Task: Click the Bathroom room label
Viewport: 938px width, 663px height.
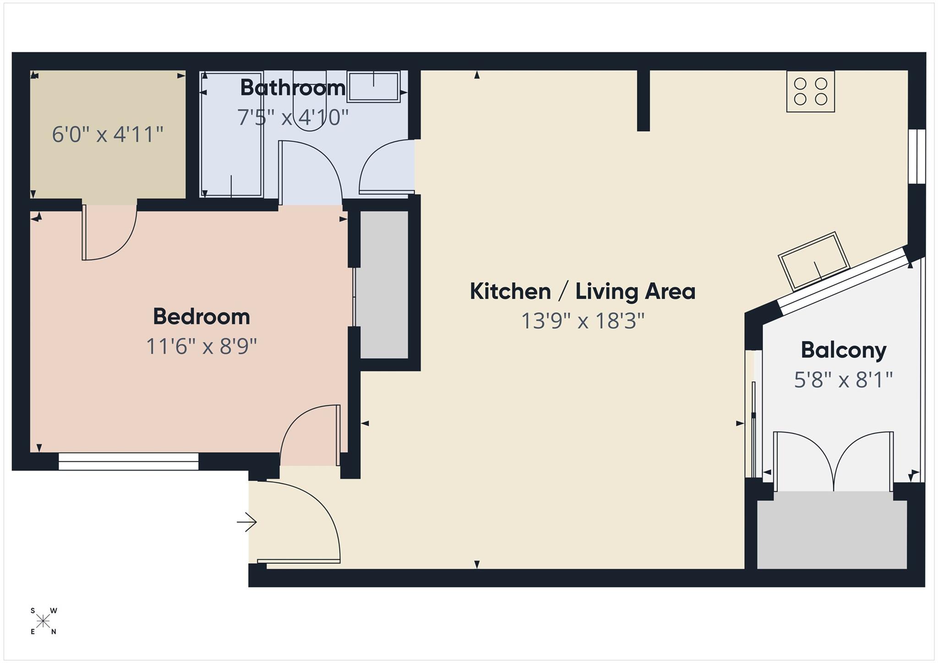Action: tap(293, 87)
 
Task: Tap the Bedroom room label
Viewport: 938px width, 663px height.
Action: tap(202, 316)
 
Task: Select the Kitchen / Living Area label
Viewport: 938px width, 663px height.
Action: tap(583, 291)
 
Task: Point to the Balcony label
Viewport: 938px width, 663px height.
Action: tap(844, 350)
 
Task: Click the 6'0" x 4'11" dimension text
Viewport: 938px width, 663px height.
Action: tap(108, 135)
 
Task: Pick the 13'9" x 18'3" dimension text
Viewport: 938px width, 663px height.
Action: tap(583, 321)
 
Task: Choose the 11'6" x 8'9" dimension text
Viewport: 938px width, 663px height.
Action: tap(202, 346)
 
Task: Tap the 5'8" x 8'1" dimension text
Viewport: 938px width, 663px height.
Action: tap(844, 380)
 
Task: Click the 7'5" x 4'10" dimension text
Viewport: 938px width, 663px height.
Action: tap(293, 117)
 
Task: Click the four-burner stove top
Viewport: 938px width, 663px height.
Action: tap(810, 91)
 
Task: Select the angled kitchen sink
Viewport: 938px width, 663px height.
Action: tap(814, 261)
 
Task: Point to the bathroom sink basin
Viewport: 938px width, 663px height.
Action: tap(373, 87)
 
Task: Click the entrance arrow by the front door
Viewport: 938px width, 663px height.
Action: tap(247, 522)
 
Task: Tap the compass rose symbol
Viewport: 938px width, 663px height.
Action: tap(44, 621)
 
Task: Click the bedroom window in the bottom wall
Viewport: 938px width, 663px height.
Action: tap(128, 461)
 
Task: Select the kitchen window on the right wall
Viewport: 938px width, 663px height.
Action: tap(917, 157)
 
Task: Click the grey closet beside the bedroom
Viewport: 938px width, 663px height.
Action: tap(384, 284)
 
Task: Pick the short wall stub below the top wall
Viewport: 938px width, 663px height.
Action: tap(643, 100)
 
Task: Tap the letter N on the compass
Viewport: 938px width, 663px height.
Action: tap(54, 632)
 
